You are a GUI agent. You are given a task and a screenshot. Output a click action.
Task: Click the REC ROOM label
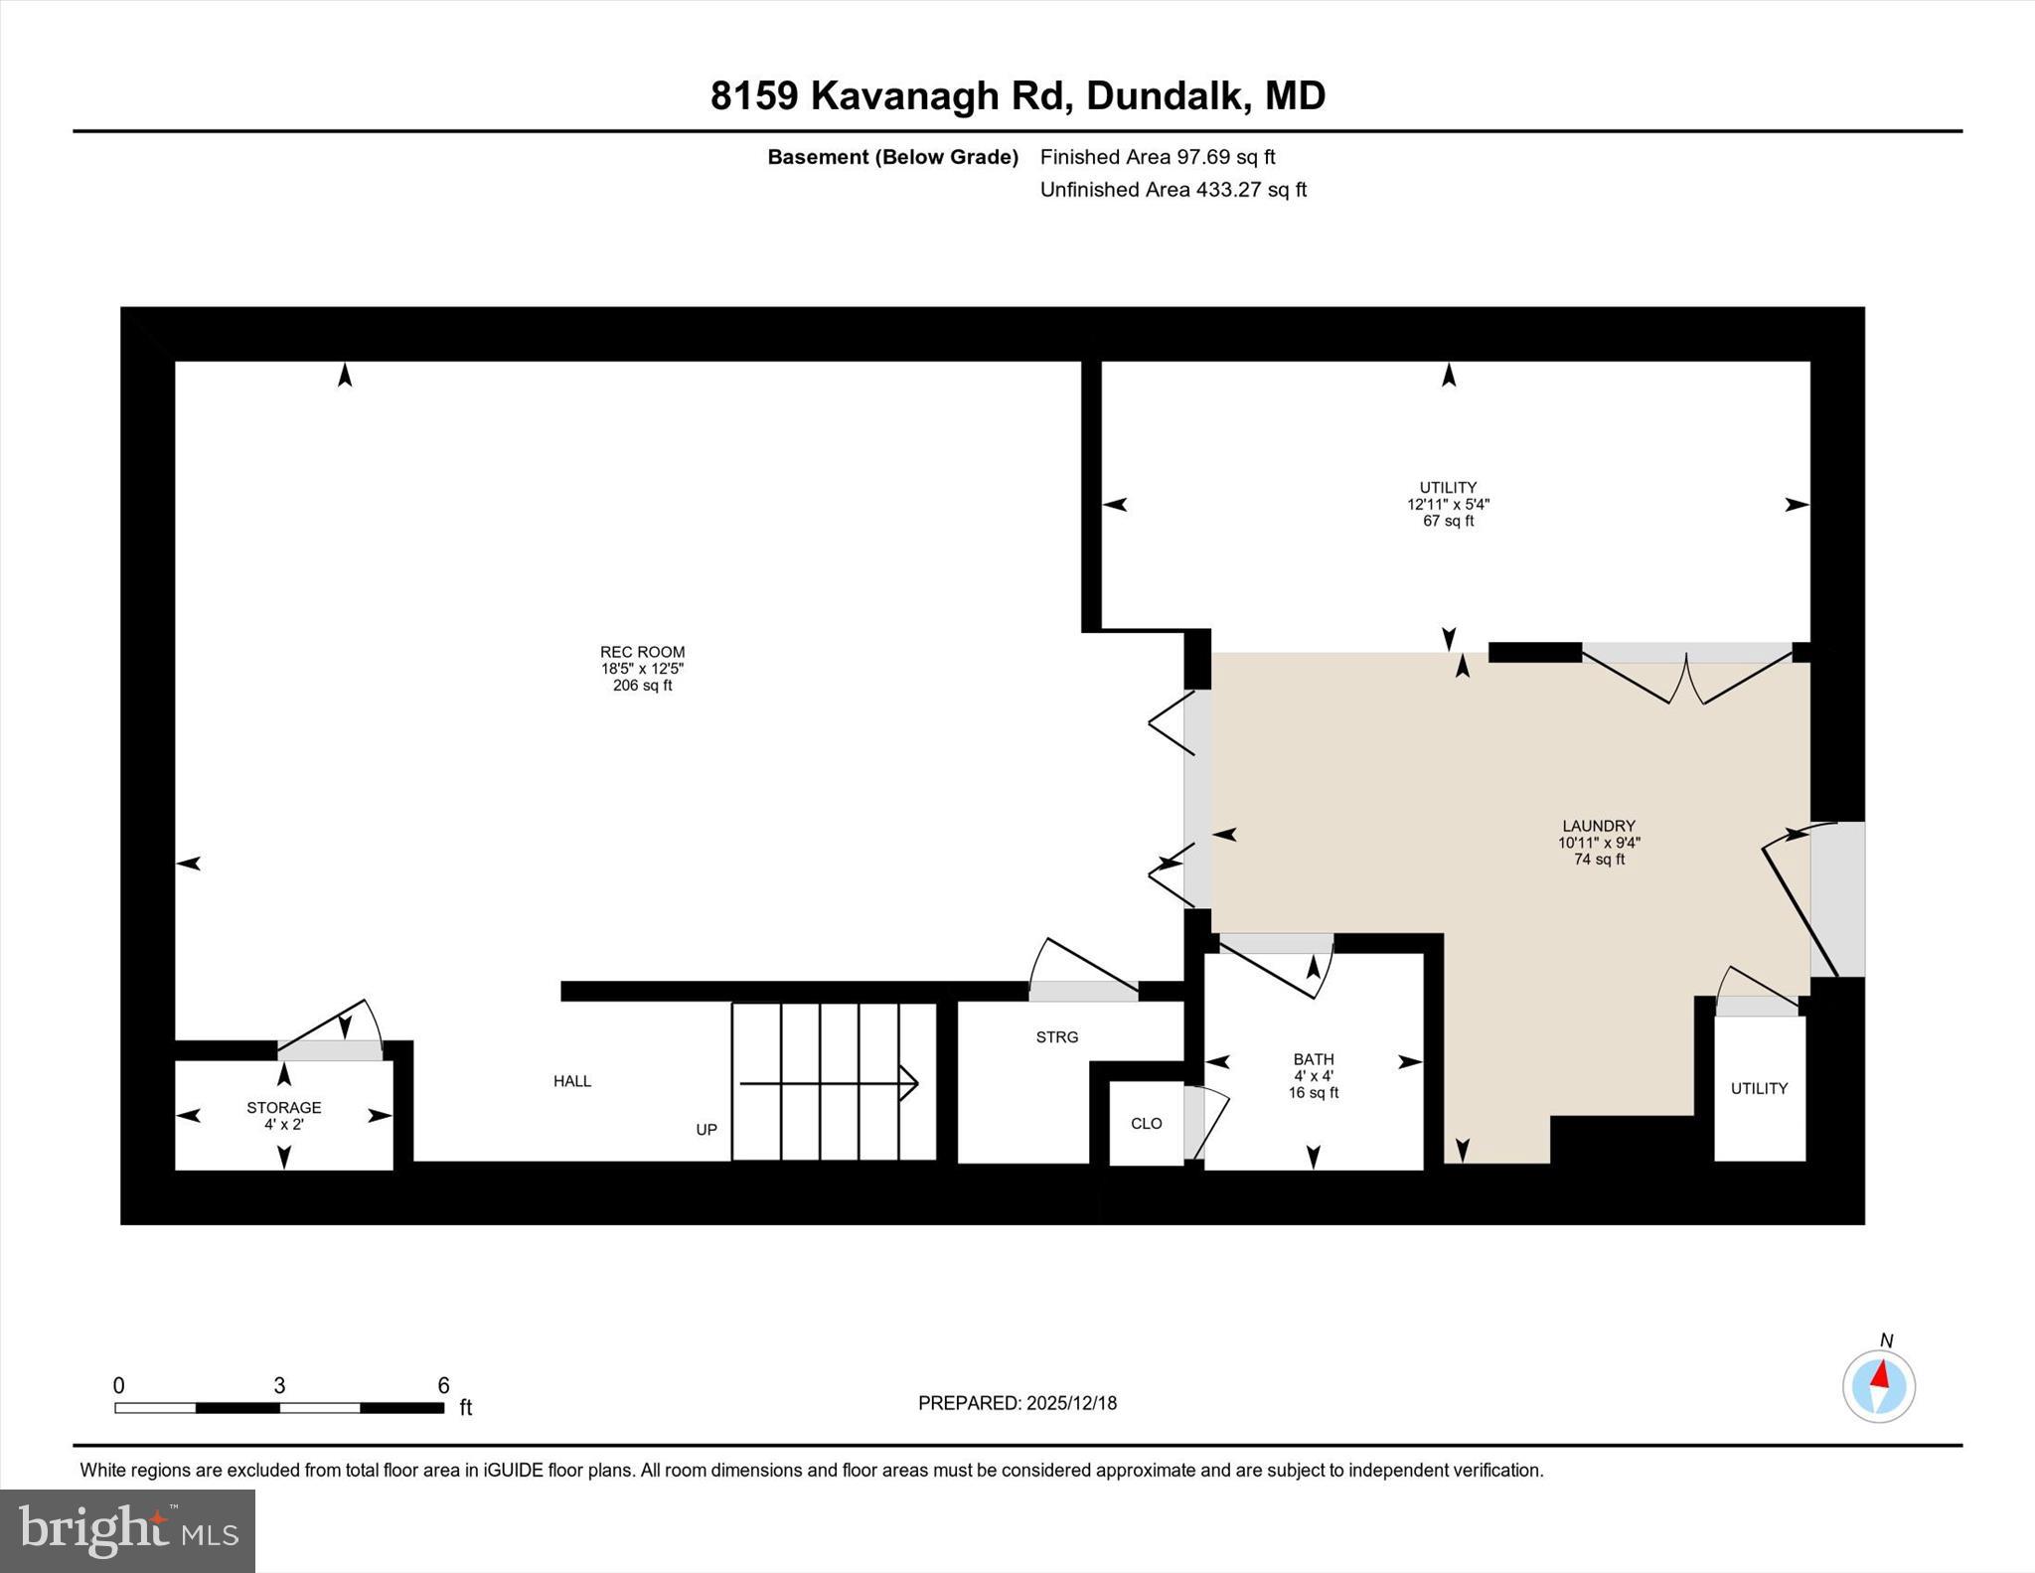(x=642, y=653)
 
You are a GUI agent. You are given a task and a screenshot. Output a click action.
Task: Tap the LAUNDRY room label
(x=1598, y=826)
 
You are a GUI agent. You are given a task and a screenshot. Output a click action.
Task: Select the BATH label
(x=1313, y=1059)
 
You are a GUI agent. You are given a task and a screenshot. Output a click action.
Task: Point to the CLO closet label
(x=1146, y=1123)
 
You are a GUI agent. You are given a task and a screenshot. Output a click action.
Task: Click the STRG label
(x=1056, y=1036)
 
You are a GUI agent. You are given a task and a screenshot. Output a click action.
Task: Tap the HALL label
(x=572, y=1081)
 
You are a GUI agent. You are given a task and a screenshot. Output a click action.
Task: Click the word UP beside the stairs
(x=706, y=1130)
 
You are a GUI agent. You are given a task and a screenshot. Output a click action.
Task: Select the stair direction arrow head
(x=908, y=1082)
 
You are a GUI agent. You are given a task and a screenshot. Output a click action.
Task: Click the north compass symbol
(x=1878, y=1385)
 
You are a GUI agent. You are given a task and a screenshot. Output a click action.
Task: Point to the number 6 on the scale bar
(x=443, y=1385)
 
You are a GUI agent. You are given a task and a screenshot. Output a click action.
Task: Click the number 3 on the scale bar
(x=279, y=1385)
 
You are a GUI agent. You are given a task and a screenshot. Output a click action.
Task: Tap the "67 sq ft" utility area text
(x=1448, y=521)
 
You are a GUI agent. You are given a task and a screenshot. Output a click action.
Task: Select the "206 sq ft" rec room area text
(x=642, y=686)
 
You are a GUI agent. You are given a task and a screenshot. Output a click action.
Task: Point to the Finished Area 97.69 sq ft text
(x=1157, y=157)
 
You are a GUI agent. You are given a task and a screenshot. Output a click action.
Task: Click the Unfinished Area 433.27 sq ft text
(x=1173, y=190)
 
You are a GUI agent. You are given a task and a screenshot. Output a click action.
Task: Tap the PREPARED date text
(x=1017, y=1403)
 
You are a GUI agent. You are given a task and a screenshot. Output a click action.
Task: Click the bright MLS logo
(x=127, y=1530)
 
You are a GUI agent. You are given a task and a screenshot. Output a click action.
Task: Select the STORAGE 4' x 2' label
(x=284, y=1115)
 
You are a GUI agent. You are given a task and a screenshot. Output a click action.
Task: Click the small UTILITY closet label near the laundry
(x=1759, y=1088)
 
